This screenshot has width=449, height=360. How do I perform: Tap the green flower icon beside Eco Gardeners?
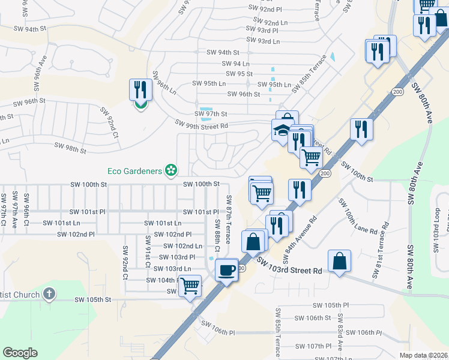171,170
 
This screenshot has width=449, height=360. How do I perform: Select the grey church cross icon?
50,295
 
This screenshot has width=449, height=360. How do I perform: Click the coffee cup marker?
226,270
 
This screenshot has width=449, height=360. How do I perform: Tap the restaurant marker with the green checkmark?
140,91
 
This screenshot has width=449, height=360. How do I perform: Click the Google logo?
20,353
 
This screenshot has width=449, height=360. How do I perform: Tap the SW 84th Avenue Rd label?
300,240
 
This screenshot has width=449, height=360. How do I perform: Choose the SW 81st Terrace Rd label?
381,251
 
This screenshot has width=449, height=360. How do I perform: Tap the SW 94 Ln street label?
236,64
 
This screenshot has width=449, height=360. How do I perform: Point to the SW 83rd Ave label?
340,332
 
